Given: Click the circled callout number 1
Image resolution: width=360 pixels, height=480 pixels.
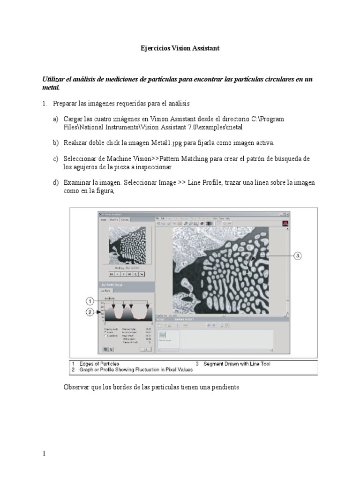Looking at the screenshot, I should click(90, 300).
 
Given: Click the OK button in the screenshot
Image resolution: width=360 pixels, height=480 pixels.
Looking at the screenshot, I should click(146, 349).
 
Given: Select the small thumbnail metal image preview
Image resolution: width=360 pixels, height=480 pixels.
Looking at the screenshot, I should click(127, 246).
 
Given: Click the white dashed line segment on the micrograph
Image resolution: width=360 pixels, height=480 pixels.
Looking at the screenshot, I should click(247, 266).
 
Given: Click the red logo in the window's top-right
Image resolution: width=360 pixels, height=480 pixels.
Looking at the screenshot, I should click(284, 224).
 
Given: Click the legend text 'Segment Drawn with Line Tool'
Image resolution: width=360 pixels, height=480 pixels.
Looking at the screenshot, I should click(237, 364).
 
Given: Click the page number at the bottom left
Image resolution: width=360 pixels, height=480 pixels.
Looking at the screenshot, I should click(44, 454).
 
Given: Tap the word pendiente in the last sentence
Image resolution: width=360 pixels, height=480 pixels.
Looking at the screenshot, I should click(223, 387).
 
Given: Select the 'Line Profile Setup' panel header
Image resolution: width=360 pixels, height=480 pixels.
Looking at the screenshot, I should click(113, 285).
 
